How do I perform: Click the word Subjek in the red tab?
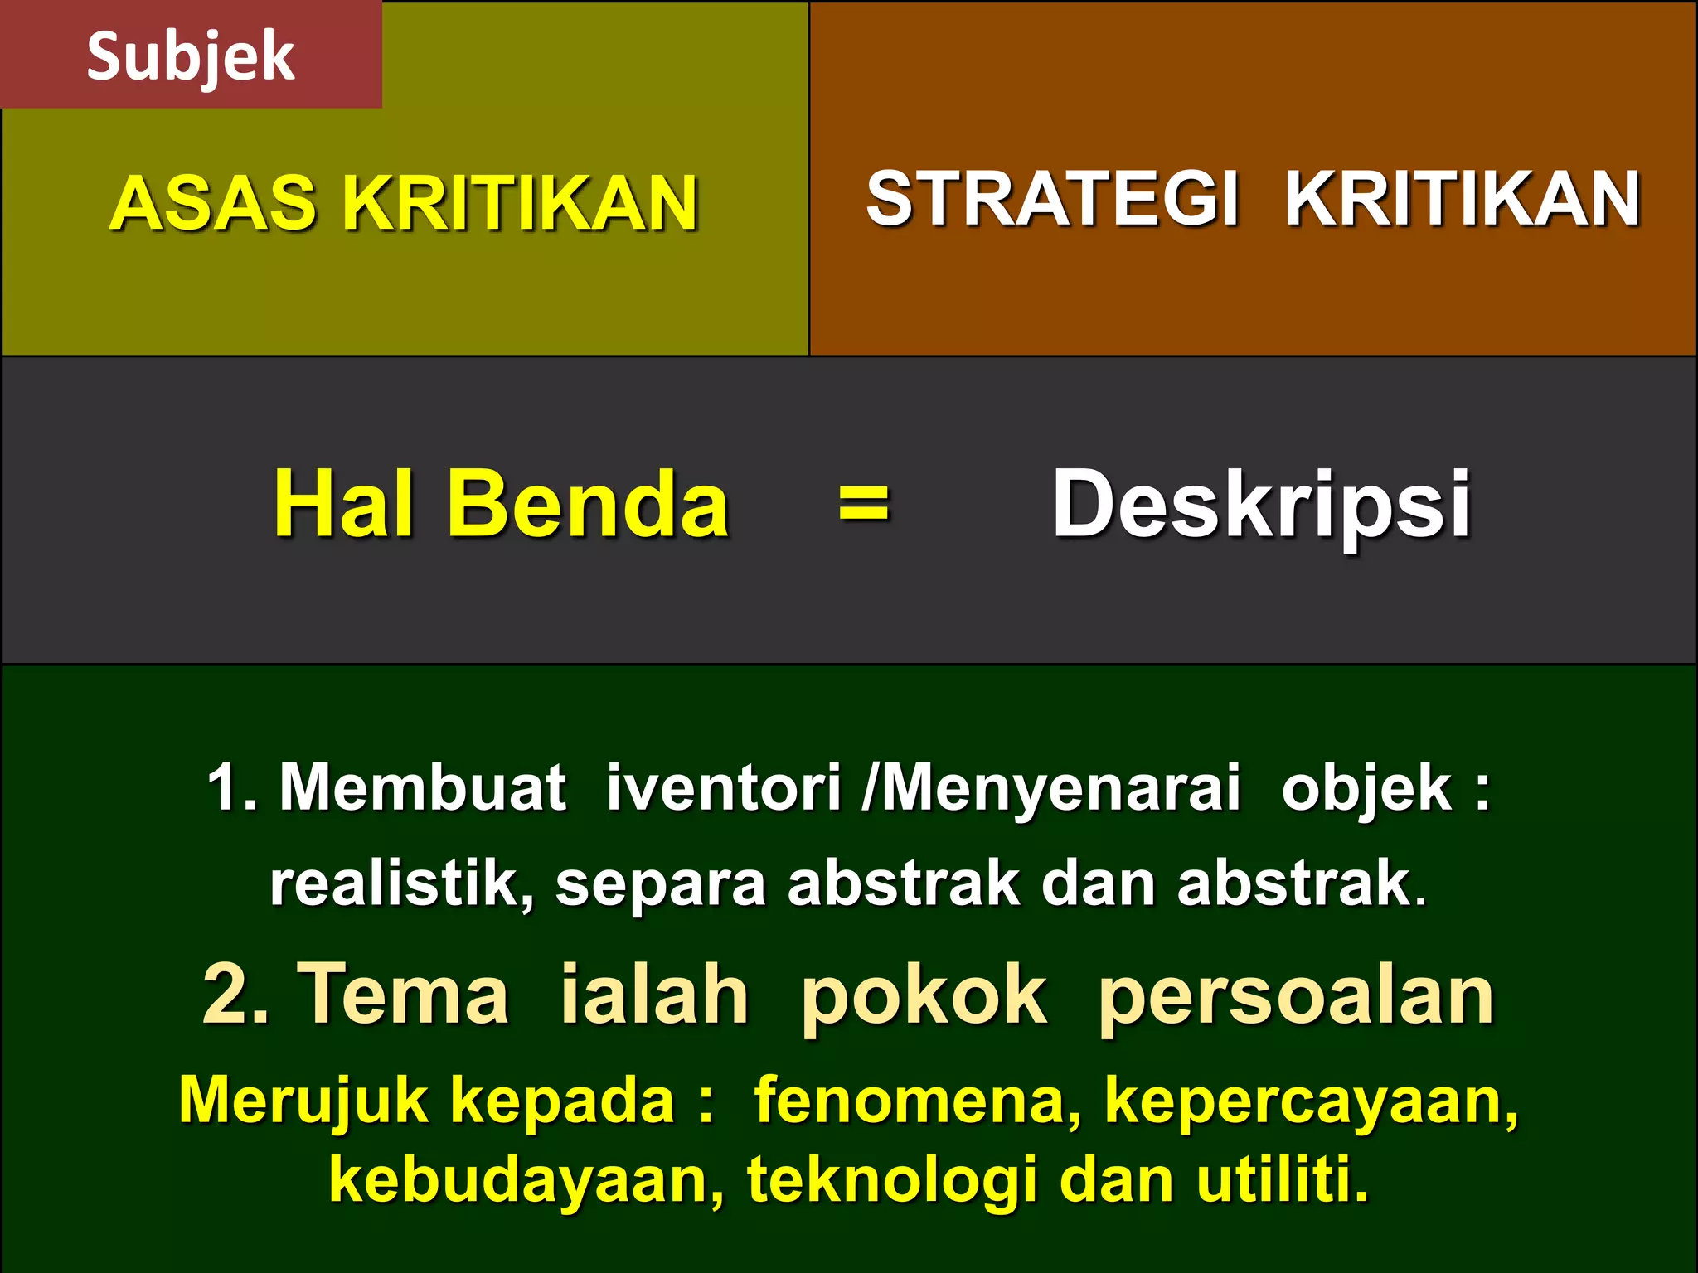(x=190, y=56)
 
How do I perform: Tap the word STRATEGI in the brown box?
(x=1052, y=199)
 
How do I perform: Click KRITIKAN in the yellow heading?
(x=520, y=203)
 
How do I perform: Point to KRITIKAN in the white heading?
(x=1463, y=199)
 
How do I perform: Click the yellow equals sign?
(x=863, y=503)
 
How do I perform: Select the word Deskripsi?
(x=1261, y=504)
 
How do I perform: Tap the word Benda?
(x=588, y=504)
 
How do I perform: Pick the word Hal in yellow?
(x=344, y=504)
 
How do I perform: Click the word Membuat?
(x=423, y=787)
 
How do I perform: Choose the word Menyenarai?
(x=1060, y=787)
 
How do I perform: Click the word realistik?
(x=402, y=883)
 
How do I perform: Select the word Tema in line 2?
(x=403, y=995)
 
